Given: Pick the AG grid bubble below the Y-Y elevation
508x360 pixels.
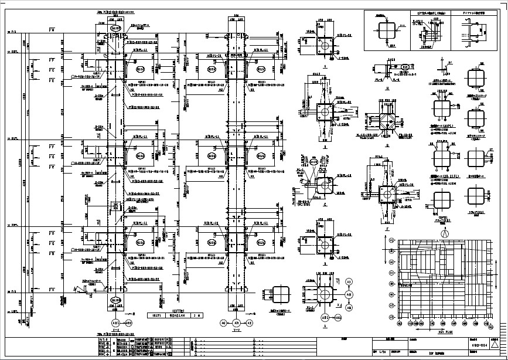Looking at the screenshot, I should click(223, 323).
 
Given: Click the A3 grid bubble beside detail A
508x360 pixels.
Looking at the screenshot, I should click(349, 282).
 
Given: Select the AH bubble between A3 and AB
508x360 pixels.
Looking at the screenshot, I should click(349, 294).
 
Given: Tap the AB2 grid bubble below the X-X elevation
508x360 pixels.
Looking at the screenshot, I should click(129, 323).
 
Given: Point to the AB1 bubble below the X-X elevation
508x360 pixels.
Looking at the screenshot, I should click(116, 323).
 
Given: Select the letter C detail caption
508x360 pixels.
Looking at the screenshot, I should click(325, 205).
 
